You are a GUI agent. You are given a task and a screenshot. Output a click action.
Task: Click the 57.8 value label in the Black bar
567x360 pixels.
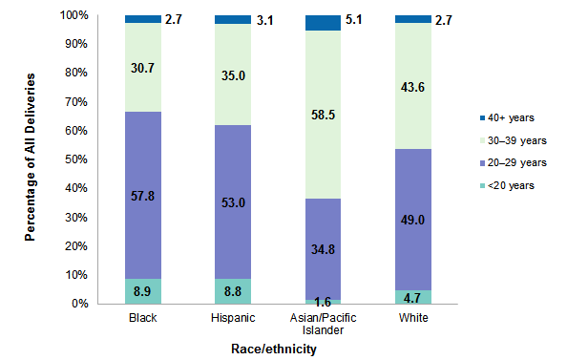143,195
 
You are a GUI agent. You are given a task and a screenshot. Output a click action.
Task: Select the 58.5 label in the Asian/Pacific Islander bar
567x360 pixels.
323,115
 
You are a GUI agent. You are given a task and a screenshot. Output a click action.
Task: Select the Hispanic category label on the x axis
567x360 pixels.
233,316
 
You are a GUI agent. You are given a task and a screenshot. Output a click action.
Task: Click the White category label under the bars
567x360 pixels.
412,316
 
